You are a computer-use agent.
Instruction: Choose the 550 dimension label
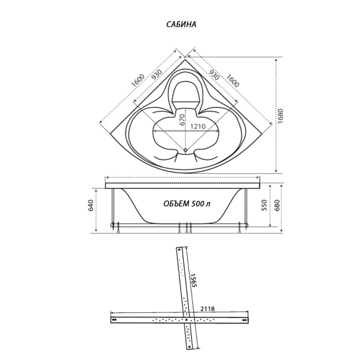tap(265, 205)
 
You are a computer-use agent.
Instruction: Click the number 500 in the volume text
tap(198, 203)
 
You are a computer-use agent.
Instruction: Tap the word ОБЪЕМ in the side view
tap(177, 203)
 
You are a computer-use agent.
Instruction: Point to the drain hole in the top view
tap(184, 150)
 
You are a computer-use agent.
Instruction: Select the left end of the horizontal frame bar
tap(114, 320)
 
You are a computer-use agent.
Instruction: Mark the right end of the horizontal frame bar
tap(244, 320)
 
